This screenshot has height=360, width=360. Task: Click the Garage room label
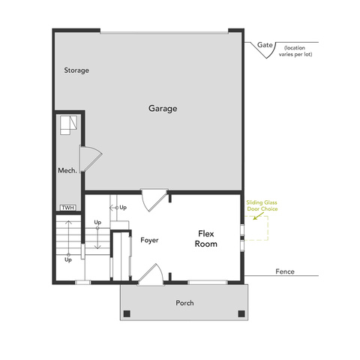point(163,109)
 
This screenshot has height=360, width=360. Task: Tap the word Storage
point(76,70)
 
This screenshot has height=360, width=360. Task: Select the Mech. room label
point(67,170)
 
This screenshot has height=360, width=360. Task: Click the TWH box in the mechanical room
point(68,208)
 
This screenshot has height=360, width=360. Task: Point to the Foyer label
point(149,240)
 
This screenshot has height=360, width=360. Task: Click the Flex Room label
point(206,238)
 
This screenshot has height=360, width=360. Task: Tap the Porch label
point(184,303)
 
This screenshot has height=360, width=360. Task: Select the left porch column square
point(127,313)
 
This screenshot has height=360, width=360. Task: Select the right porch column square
point(241,313)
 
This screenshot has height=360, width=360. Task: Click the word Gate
point(265,45)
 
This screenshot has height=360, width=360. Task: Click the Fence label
point(285,271)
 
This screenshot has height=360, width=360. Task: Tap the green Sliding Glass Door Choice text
point(262,205)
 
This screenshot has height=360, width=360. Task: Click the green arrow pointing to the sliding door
point(258,216)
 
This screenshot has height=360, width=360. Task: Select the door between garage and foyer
point(154,200)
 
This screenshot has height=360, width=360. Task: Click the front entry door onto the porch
point(151,274)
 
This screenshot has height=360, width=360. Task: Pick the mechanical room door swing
point(91,158)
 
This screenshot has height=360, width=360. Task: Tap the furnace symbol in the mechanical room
point(68,125)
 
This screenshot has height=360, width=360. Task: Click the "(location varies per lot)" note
point(295,51)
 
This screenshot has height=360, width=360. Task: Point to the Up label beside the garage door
point(123,208)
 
